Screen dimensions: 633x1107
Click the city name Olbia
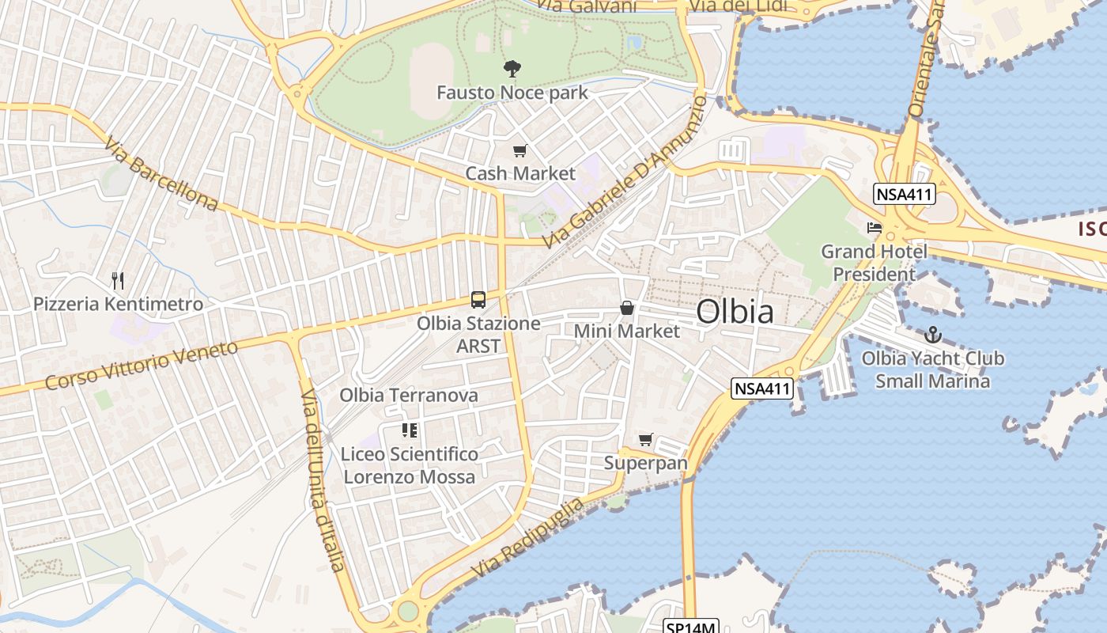[735, 312]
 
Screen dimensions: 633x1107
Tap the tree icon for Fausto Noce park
[512, 69]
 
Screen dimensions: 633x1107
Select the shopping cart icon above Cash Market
[519, 150]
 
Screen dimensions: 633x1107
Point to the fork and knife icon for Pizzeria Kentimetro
[118, 280]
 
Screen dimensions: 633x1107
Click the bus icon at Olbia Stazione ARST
[478, 299]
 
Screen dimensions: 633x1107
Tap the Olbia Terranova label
[409, 395]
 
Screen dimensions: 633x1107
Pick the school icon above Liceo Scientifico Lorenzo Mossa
[409, 430]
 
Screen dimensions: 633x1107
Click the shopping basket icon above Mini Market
[627, 307]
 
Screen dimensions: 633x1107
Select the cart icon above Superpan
[646, 439]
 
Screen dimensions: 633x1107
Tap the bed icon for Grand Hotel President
[874, 228]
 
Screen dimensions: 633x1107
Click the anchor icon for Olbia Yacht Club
[933, 335]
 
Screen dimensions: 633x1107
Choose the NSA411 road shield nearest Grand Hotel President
[905, 194]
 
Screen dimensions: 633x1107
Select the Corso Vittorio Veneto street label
[142, 366]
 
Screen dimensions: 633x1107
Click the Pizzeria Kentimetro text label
[118, 304]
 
